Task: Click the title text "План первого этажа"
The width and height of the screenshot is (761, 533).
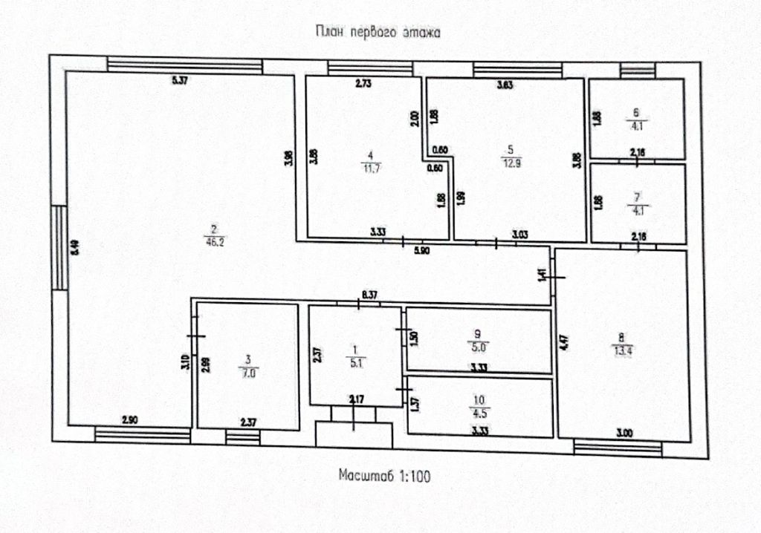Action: click(379, 32)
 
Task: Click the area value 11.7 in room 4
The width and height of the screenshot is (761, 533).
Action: click(369, 167)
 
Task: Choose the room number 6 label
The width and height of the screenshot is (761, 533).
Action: click(636, 114)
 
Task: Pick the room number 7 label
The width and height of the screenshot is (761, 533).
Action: click(637, 197)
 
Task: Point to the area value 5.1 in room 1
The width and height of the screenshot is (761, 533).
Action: click(355, 363)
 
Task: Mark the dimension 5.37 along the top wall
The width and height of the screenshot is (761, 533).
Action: click(180, 81)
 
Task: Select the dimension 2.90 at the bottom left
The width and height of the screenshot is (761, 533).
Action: click(129, 421)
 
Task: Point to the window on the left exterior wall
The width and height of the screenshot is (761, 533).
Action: click(57, 248)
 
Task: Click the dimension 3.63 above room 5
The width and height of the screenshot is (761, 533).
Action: click(506, 85)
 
